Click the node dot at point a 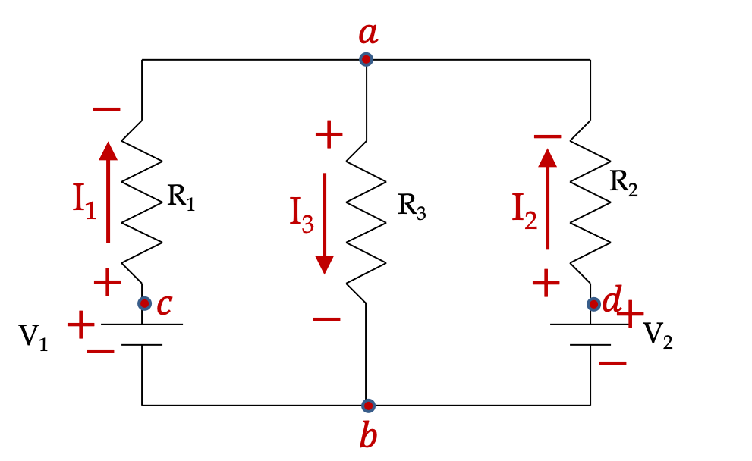[x=366, y=59]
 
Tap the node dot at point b [x=368, y=406]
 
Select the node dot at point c [x=144, y=303]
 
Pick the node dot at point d [x=593, y=304]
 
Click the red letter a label [x=368, y=33]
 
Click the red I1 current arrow [x=109, y=192]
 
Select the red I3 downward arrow [x=324, y=224]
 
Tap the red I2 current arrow [x=547, y=199]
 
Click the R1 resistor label [x=181, y=197]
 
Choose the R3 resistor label [x=411, y=206]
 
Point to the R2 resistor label [x=624, y=183]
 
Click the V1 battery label [x=33, y=337]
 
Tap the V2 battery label [x=657, y=334]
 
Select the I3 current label [x=302, y=215]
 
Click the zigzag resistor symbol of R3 [x=366, y=222]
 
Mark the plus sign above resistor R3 [x=329, y=135]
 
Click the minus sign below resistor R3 [x=326, y=318]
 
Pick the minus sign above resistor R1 [x=106, y=109]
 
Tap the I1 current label [x=84, y=201]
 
